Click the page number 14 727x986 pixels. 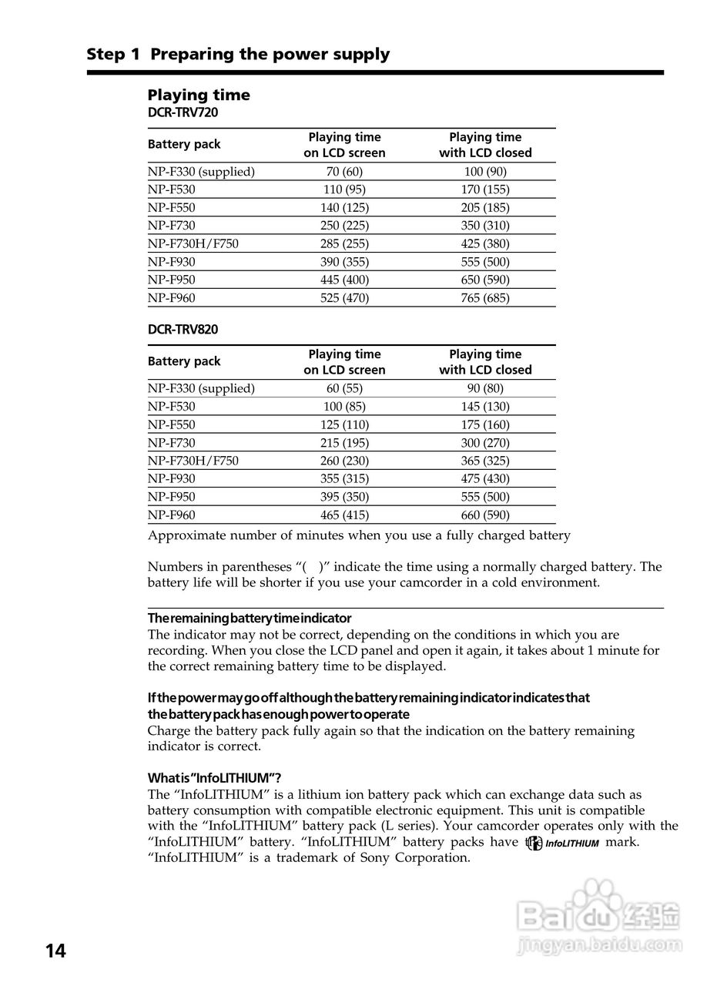(x=55, y=951)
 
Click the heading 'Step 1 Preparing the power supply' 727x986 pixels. (x=238, y=54)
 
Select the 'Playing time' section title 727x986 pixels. (x=199, y=95)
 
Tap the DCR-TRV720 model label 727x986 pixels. (x=183, y=112)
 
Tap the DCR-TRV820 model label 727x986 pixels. (x=183, y=330)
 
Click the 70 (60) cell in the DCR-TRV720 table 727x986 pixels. (x=344, y=172)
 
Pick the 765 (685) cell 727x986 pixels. (x=485, y=298)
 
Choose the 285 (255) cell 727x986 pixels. (x=344, y=243)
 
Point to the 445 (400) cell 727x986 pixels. (x=344, y=280)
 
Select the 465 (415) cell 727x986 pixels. (x=344, y=515)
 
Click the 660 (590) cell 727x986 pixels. (x=485, y=515)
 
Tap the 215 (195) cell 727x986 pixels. (x=344, y=443)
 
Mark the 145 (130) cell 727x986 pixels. (x=485, y=407)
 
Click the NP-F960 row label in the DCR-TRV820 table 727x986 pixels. (x=172, y=515)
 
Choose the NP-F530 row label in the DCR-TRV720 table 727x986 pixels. (x=172, y=189)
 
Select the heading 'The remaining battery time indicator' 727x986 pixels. (x=250, y=619)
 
